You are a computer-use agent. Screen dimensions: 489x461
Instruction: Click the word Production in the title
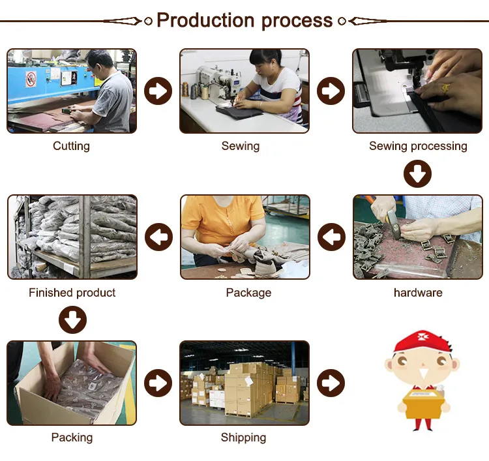pyautogui.click(x=205, y=21)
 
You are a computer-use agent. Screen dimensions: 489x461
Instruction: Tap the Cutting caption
pyautogui.click(x=72, y=146)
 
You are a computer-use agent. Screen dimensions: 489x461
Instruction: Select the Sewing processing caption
pyautogui.click(x=418, y=146)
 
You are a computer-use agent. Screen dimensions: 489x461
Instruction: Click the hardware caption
pyautogui.click(x=418, y=293)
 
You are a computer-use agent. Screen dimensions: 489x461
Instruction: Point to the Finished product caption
pyautogui.click(x=72, y=293)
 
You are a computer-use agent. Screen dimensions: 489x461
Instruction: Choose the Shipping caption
pyautogui.click(x=243, y=438)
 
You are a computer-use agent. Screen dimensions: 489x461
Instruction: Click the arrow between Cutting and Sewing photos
pyautogui.click(x=158, y=91)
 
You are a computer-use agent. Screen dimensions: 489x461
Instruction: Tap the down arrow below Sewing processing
pyautogui.click(x=417, y=173)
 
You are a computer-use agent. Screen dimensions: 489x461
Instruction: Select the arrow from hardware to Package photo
pyautogui.click(x=331, y=237)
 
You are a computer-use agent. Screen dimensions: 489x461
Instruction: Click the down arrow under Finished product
pyautogui.click(x=72, y=320)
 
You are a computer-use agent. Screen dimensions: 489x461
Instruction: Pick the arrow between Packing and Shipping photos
pyautogui.click(x=158, y=383)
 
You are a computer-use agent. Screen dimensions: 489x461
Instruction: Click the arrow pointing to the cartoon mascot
pyautogui.click(x=331, y=383)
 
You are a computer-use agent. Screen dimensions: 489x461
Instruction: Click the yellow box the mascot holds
pyautogui.click(x=423, y=403)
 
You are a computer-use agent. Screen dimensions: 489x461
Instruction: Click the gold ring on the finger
pyautogui.click(x=445, y=87)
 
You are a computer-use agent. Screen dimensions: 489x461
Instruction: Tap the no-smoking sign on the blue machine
pyautogui.click(x=31, y=80)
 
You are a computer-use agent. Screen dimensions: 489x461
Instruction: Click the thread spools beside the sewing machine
pyautogui.click(x=195, y=91)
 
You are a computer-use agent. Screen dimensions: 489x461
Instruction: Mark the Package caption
pyautogui.click(x=248, y=293)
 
